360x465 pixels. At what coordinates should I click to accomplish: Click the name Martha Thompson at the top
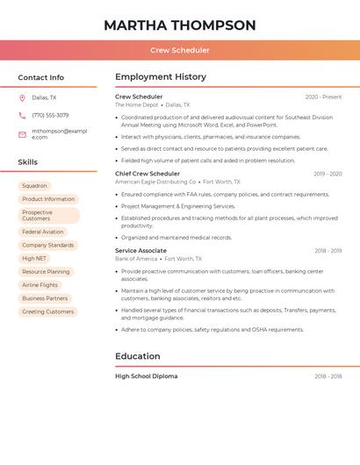point(180,25)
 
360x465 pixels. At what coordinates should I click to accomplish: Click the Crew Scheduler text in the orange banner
point(180,51)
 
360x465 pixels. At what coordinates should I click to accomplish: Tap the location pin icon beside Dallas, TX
point(22,97)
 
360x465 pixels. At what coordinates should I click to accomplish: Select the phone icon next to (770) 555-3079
point(22,115)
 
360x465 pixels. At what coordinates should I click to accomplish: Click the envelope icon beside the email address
point(22,134)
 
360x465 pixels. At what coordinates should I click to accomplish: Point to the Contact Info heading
point(41,77)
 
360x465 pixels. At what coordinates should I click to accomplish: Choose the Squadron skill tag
point(35,186)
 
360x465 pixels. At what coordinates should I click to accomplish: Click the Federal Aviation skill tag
point(43,232)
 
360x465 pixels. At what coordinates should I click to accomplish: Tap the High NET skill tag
point(34,259)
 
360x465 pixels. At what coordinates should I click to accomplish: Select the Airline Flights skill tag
point(40,285)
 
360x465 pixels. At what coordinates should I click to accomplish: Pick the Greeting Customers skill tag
point(47,311)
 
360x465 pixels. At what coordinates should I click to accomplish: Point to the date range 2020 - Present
point(323,97)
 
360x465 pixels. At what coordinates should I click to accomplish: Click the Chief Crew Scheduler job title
point(148,174)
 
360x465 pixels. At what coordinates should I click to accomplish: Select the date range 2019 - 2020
point(328,174)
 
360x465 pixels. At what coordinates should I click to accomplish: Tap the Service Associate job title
point(140,251)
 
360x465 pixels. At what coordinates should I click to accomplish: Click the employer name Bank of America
point(136,260)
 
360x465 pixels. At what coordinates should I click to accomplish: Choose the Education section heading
point(138,356)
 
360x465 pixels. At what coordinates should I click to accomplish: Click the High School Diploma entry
point(146,376)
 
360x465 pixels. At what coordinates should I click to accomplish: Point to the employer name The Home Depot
point(137,105)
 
